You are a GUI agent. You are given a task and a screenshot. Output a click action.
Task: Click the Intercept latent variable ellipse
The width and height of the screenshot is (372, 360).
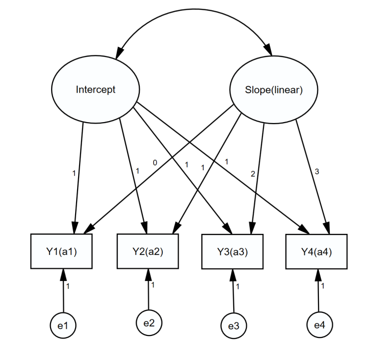[95, 90]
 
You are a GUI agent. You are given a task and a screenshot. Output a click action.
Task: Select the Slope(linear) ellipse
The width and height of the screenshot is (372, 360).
[273, 90]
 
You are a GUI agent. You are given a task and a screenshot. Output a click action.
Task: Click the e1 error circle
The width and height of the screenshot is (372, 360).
[64, 326]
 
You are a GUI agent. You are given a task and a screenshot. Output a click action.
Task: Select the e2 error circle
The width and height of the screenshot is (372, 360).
[149, 322]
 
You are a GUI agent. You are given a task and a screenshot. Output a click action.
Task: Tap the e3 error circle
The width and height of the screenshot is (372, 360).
[234, 326]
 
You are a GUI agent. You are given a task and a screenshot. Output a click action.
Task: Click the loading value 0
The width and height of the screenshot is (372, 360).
[156, 162]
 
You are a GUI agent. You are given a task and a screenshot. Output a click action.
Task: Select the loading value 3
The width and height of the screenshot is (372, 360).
[316, 171]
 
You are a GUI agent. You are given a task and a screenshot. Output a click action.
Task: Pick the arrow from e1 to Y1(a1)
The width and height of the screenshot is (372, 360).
[63, 290]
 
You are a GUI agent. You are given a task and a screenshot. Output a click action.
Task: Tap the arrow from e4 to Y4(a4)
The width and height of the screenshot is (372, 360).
[318, 290]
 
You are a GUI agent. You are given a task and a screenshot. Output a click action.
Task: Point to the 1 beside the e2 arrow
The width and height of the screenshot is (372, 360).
[153, 285]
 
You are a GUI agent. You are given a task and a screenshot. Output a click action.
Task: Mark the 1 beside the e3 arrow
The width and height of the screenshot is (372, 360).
[238, 286]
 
